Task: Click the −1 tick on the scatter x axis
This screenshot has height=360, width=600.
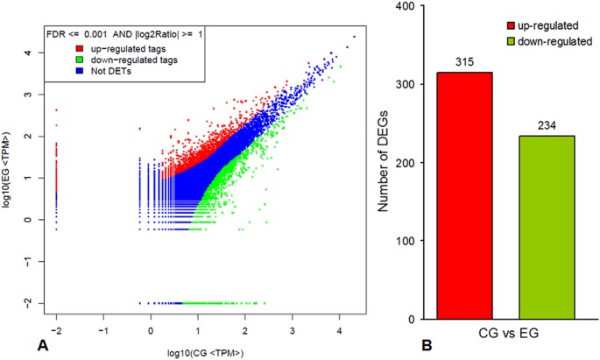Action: [103, 332]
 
